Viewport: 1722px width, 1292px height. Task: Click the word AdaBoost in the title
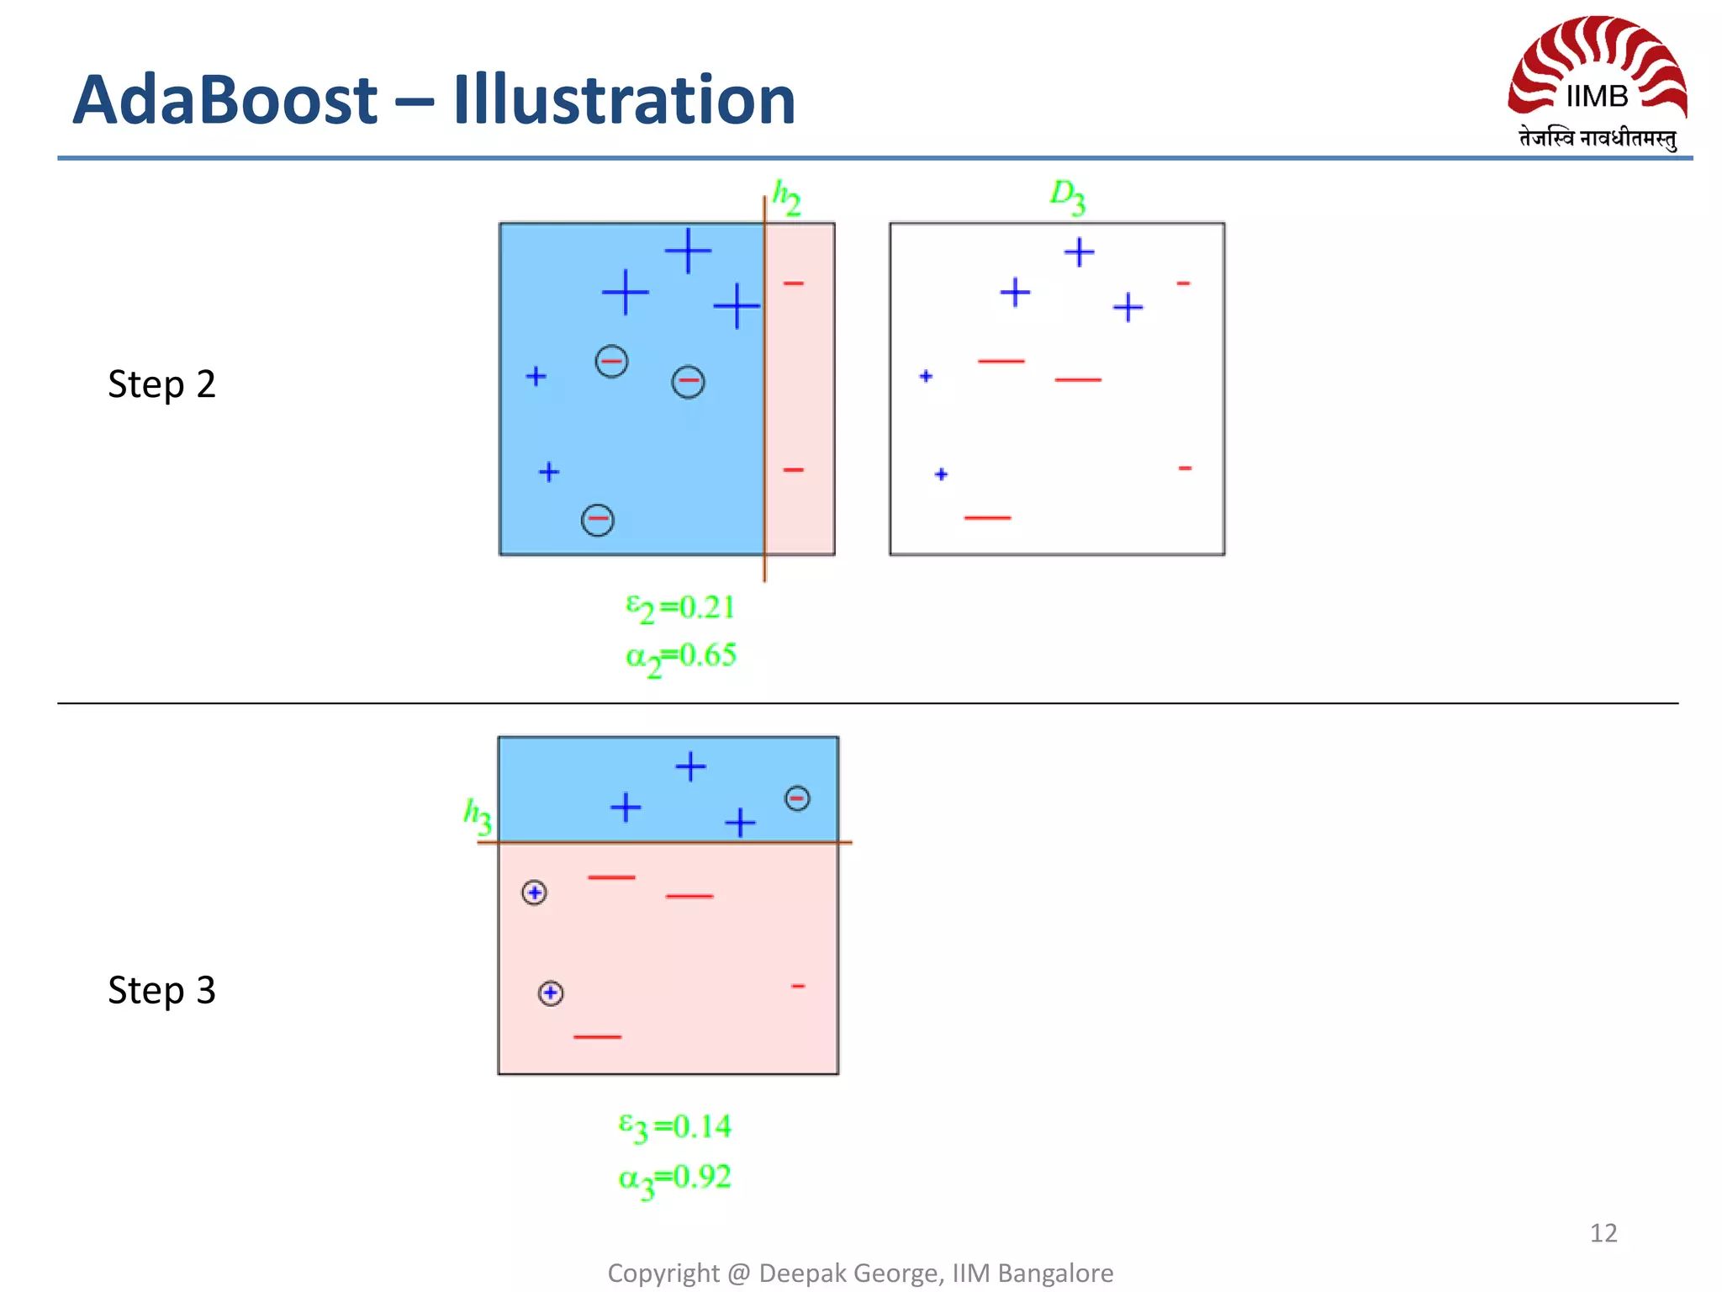pyautogui.click(x=224, y=100)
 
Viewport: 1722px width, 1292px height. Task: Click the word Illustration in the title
pyautogui.click(x=623, y=100)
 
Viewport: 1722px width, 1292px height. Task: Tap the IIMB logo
pyautogui.click(x=1597, y=82)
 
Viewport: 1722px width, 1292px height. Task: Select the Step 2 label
pyautogui.click(x=161, y=384)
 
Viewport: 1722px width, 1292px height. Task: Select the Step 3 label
pyautogui.click(x=161, y=990)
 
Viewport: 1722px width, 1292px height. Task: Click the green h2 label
pyautogui.click(x=786, y=198)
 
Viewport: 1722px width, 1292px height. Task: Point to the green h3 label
pyautogui.click(x=478, y=815)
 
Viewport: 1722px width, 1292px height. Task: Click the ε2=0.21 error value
pyautogui.click(x=680, y=607)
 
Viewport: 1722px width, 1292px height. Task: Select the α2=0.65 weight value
pyautogui.click(x=680, y=656)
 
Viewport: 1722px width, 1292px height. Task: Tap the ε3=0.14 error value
pyautogui.click(x=674, y=1126)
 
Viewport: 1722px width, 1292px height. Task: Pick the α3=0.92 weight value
pyautogui.click(x=674, y=1178)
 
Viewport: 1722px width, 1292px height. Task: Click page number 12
pyautogui.click(x=1603, y=1233)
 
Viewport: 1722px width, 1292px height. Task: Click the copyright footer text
pyautogui.click(x=860, y=1273)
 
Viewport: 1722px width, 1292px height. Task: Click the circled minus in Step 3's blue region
pyautogui.click(x=797, y=797)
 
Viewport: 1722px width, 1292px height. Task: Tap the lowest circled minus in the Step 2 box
pyautogui.click(x=598, y=520)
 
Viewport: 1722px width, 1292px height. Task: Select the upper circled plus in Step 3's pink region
pyautogui.click(x=535, y=892)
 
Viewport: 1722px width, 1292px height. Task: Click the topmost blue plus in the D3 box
pyautogui.click(x=1079, y=252)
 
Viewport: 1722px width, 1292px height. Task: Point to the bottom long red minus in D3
pyautogui.click(x=987, y=517)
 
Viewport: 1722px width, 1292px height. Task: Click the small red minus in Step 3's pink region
pyautogui.click(x=798, y=986)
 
